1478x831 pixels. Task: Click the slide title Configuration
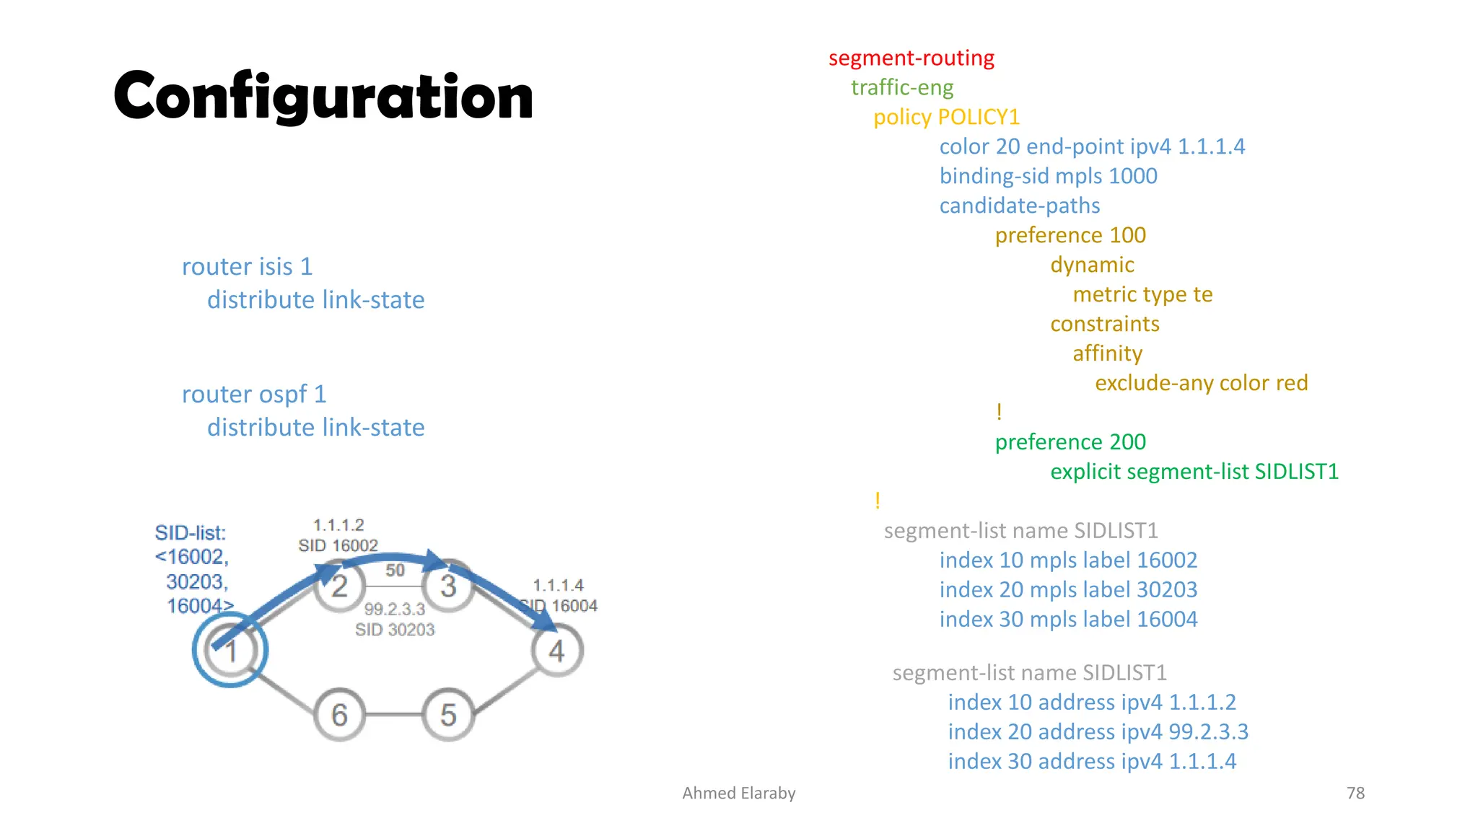(x=323, y=97)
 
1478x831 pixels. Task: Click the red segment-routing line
(x=911, y=58)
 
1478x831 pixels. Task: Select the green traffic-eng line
(x=902, y=87)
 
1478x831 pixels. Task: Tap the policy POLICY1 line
(x=946, y=117)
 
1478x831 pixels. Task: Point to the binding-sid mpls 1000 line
(x=1048, y=176)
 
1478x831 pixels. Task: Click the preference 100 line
(x=1070, y=235)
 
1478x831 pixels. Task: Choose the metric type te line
(x=1142, y=294)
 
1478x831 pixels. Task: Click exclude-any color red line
(x=1201, y=383)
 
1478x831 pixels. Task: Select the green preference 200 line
(x=1070, y=442)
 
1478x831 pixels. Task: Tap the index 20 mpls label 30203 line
(x=1068, y=589)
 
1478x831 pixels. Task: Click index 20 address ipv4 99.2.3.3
(x=1098, y=731)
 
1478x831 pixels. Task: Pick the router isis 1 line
(x=247, y=267)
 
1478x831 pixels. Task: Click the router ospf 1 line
(x=254, y=395)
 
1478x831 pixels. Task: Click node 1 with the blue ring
(x=230, y=651)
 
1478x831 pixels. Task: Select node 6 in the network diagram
(x=339, y=715)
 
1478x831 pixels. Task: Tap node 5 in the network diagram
(x=448, y=715)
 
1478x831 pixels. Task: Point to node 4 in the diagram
(x=556, y=651)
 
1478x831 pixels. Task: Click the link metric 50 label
(x=395, y=571)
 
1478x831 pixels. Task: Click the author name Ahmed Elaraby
(x=738, y=793)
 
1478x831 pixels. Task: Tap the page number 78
(x=1355, y=793)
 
